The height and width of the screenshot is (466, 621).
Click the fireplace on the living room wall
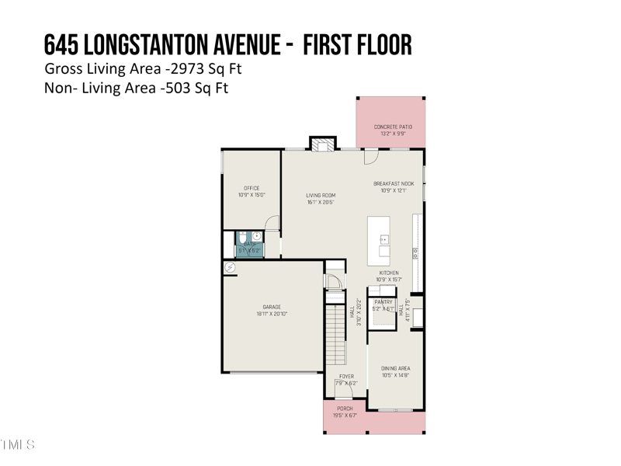324,143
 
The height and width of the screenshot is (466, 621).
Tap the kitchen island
379,242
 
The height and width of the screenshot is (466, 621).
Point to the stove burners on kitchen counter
416,252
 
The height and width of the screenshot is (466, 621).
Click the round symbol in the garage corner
230,267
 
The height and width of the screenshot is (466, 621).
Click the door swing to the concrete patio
371,155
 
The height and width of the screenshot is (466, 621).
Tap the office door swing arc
272,224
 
